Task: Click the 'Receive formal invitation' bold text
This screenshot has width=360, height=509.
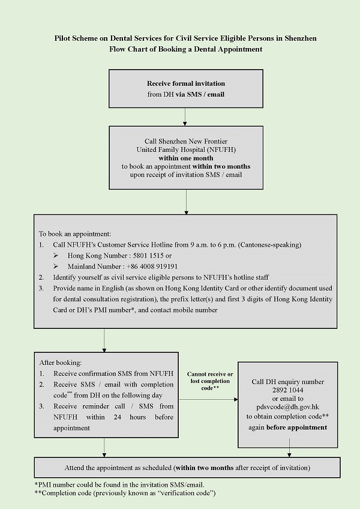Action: (186, 83)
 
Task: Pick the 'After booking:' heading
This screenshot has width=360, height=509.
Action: (61, 363)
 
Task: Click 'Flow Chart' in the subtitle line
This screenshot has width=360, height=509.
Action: (127, 49)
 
